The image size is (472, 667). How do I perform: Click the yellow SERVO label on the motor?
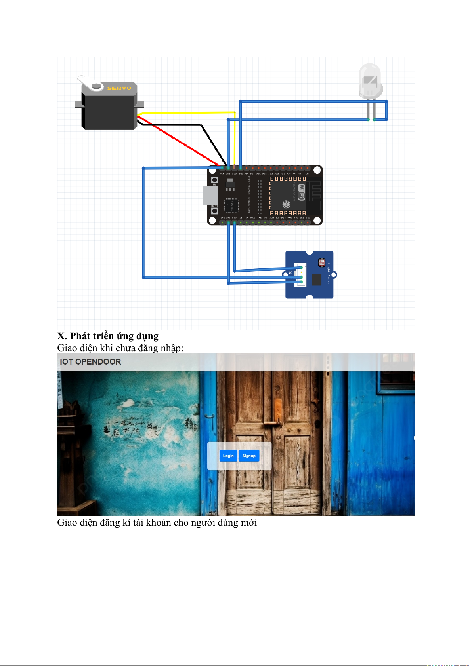[119, 88]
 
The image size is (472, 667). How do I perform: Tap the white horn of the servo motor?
[90, 83]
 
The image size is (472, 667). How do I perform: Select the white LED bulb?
[370, 81]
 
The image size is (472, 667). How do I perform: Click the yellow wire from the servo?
[186, 113]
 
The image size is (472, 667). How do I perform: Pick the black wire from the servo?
[170, 125]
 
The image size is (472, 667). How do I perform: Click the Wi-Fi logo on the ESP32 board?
[302, 192]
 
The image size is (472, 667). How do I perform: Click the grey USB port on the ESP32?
[210, 195]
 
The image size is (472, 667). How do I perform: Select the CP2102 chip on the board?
[232, 206]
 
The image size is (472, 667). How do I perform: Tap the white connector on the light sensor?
[300, 275]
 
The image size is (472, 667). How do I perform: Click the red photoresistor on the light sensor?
[321, 263]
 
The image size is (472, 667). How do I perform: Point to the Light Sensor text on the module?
[329, 274]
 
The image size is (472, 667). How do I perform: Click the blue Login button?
[228, 456]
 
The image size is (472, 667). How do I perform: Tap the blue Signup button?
[249, 456]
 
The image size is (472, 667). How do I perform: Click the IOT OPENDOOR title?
[90, 362]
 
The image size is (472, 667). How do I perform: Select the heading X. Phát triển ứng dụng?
[108, 336]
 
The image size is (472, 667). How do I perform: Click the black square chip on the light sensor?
[316, 279]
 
